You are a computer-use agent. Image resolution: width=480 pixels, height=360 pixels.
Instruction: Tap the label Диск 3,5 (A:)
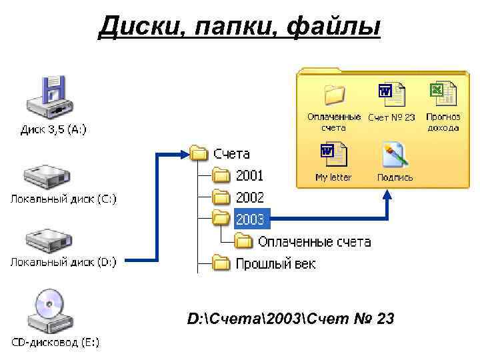(x=53, y=129)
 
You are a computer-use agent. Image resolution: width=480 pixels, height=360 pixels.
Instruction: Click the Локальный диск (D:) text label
(x=63, y=262)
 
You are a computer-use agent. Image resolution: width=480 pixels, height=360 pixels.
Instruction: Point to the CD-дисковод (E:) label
(x=55, y=343)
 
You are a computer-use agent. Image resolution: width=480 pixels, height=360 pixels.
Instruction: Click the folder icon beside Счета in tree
(x=199, y=154)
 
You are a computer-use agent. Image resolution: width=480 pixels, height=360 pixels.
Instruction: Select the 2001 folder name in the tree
(x=249, y=176)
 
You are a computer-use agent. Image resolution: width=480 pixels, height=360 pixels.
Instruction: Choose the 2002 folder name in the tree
(x=249, y=198)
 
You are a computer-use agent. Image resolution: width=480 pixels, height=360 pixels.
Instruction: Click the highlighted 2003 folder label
(x=250, y=219)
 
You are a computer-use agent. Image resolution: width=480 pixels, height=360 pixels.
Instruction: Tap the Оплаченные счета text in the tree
(x=314, y=241)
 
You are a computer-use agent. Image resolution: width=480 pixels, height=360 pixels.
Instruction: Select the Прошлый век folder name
(x=275, y=264)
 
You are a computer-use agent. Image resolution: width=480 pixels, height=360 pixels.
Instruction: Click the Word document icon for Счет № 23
(x=391, y=95)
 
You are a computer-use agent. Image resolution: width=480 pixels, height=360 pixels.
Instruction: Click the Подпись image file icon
(x=394, y=155)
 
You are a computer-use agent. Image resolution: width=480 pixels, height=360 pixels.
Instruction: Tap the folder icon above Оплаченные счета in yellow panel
(x=334, y=95)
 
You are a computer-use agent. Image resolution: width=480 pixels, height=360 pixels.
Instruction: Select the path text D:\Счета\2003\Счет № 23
(x=291, y=320)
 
